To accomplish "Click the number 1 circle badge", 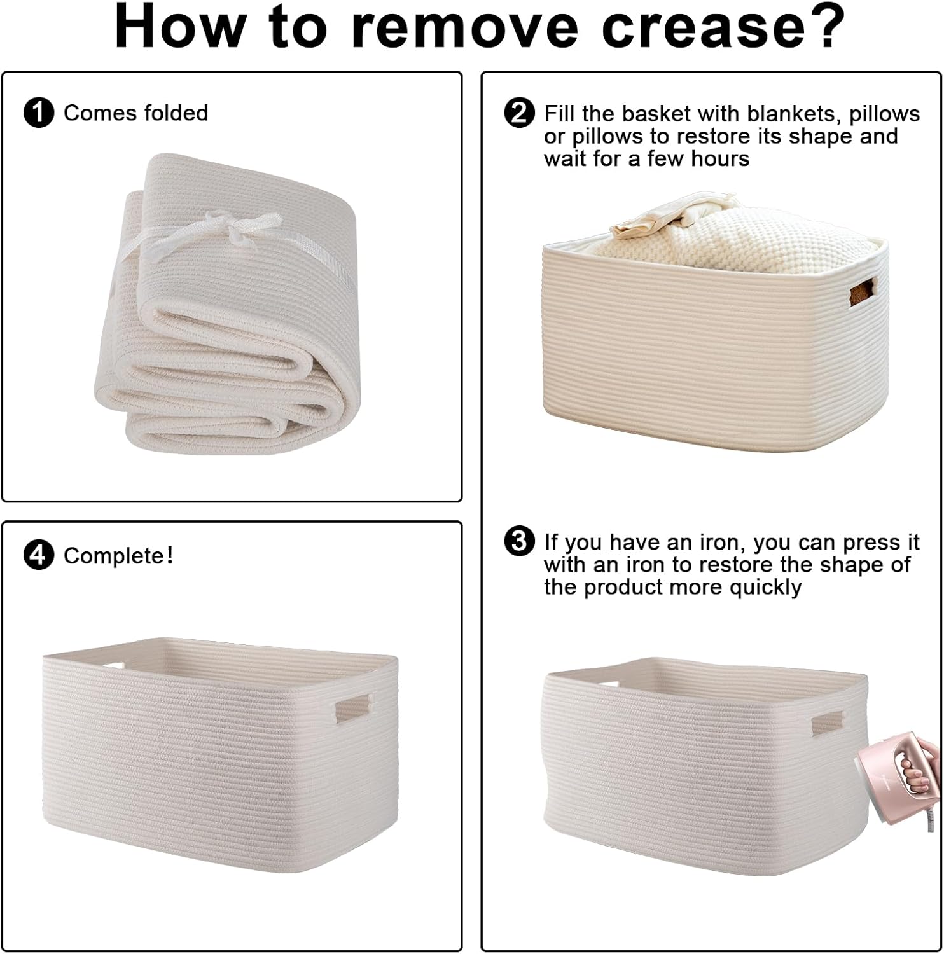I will point(39,113).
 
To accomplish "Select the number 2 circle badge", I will point(519,113).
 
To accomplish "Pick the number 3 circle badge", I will point(519,542).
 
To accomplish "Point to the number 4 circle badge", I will point(39,556).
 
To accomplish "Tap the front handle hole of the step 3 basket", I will point(827,725).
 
